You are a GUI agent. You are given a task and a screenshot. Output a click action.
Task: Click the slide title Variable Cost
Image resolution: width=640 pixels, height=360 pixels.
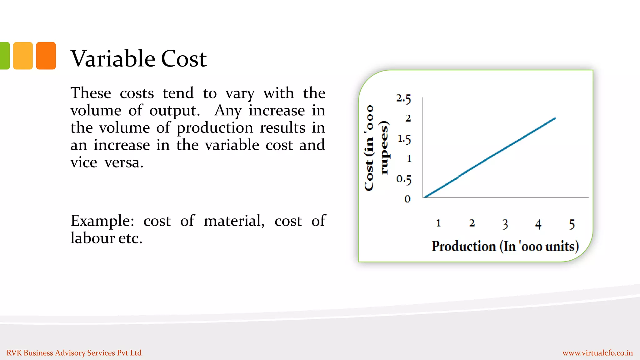138,58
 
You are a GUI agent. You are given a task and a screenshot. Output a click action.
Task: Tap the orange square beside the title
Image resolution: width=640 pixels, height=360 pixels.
46,56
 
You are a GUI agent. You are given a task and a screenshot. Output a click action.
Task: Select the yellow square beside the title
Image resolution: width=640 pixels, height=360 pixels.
23,56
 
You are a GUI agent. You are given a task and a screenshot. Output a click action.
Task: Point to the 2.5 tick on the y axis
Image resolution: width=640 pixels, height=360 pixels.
403,99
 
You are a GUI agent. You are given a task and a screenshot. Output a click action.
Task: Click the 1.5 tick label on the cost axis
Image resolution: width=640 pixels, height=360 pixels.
404,139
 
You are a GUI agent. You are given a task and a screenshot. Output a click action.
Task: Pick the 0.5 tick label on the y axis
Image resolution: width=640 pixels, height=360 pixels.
404,179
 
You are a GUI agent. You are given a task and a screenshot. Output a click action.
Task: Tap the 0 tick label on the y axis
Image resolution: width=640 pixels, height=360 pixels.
407,199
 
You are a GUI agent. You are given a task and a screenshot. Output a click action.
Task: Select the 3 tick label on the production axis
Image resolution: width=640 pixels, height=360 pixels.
505,224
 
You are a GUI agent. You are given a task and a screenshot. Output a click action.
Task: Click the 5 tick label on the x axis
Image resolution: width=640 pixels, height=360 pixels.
572,224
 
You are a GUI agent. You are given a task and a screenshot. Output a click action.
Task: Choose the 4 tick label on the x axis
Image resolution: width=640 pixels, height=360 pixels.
538,224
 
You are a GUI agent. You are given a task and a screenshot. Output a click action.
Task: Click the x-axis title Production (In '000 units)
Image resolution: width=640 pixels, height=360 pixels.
505,246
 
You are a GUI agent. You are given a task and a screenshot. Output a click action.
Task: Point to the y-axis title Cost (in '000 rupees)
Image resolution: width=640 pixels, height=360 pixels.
377,147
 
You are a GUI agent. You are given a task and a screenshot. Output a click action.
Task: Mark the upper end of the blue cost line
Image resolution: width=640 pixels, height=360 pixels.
555,118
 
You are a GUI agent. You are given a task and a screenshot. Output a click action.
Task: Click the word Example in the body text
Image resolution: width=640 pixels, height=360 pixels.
102,221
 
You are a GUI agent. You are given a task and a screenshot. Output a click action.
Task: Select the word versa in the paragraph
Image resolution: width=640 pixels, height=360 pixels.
124,162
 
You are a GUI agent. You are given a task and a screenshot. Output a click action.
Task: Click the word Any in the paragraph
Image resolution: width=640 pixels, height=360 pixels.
228,111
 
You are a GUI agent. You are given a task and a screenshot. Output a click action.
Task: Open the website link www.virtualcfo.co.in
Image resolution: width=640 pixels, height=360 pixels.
597,353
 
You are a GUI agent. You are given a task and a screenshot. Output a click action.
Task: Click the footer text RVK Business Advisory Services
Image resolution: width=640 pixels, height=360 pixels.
74,353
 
